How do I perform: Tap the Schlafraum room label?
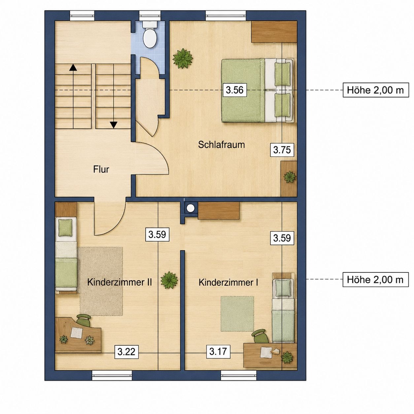[x=221, y=145]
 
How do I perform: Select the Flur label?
[x=101, y=169]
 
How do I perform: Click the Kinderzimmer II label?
[x=120, y=282]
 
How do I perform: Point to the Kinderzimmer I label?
[x=228, y=282]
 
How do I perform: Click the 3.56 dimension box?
[x=235, y=90]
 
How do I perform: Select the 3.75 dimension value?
[x=282, y=150]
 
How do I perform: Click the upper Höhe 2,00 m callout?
[x=375, y=90]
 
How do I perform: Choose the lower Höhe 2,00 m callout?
[x=375, y=280]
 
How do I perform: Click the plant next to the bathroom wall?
[x=183, y=58]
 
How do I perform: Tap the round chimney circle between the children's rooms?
[x=190, y=208]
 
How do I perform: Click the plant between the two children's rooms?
[x=169, y=280]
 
